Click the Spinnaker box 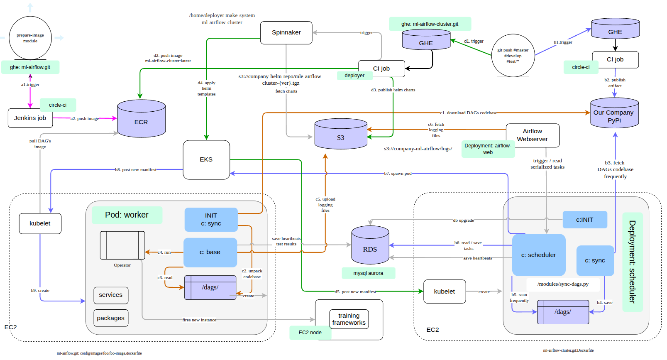(x=286, y=32)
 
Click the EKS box (x=206, y=159)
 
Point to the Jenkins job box (x=30, y=118)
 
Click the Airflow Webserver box (x=533, y=135)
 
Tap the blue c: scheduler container (x=539, y=255)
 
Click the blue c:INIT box (x=584, y=220)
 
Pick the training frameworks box (x=349, y=319)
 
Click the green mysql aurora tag (x=368, y=273)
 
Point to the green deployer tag (x=354, y=76)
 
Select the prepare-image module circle (x=30, y=38)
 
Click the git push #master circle (x=513, y=56)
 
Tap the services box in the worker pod (x=111, y=295)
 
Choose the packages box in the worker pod (x=111, y=318)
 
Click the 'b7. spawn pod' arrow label (x=398, y=174)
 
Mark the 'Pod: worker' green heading (x=127, y=215)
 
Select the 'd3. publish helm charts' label (x=393, y=90)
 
